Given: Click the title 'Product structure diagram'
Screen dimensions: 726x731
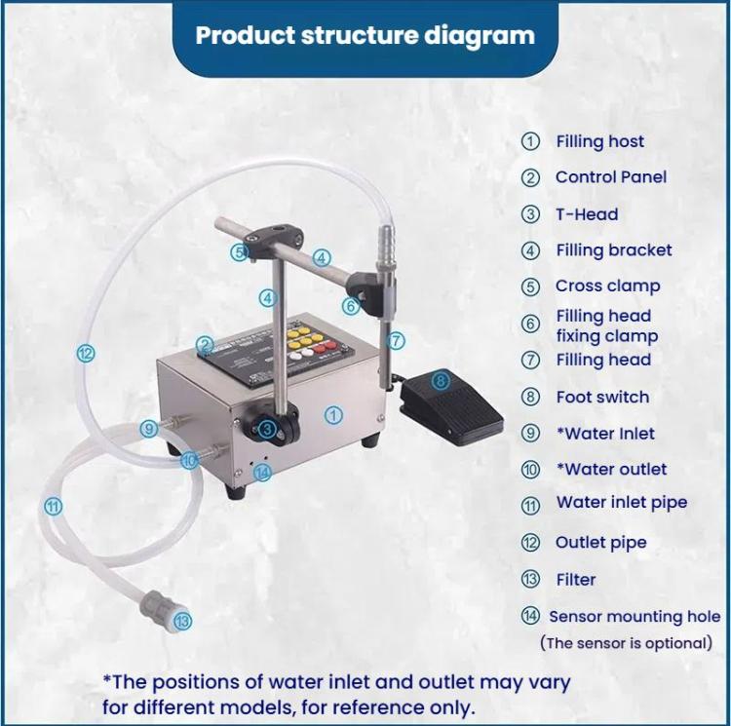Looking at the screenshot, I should (x=365, y=37).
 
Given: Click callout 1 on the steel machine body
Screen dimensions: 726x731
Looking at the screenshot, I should (x=334, y=414).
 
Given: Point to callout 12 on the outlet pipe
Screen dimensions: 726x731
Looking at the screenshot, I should (x=86, y=354).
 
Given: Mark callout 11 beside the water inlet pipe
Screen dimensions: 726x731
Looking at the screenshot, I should (x=53, y=506).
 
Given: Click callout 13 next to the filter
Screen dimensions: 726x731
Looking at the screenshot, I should (x=182, y=620).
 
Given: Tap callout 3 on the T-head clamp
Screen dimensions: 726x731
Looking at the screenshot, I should (x=266, y=427).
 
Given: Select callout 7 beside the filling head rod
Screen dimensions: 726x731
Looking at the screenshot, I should (x=394, y=341).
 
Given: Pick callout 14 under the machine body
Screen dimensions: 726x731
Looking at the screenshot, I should (x=261, y=473).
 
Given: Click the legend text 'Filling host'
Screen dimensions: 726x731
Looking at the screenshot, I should (x=599, y=141).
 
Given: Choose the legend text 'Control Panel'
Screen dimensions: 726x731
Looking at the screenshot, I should (x=611, y=177).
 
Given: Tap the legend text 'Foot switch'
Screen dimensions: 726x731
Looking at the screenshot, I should (x=601, y=397).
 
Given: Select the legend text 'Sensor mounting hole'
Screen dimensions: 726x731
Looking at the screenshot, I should (x=635, y=616).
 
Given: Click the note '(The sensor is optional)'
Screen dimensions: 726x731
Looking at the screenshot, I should (x=626, y=643).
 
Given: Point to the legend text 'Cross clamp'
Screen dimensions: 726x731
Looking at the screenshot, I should (x=607, y=287).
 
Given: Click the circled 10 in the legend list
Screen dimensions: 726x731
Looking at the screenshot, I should (x=530, y=470).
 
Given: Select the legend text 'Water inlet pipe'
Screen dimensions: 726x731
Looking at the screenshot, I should (x=621, y=503).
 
